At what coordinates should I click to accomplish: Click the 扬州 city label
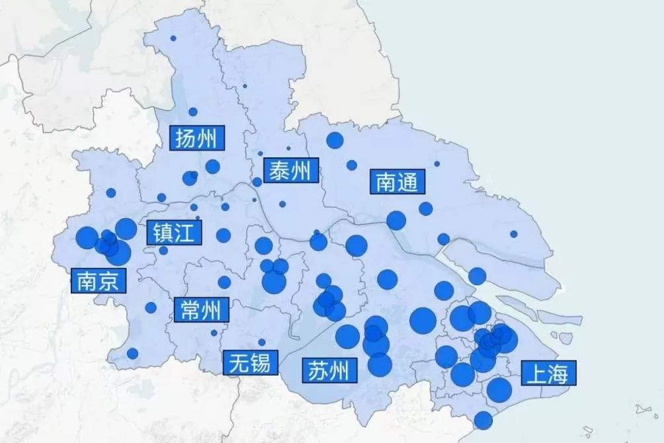(x=197, y=139)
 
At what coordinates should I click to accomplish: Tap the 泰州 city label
(x=291, y=171)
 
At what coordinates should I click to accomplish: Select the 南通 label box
(x=397, y=182)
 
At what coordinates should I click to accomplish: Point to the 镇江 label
(x=174, y=232)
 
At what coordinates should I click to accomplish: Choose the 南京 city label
(x=98, y=281)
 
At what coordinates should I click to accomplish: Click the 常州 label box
(x=201, y=309)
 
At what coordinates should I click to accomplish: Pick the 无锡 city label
(x=250, y=362)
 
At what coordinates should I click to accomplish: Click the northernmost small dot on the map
(x=173, y=38)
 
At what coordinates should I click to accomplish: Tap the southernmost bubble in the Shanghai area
(x=483, y=420)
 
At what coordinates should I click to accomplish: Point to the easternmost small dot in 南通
(x=514, y=234)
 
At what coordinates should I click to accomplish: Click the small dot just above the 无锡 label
(x=262, y=342)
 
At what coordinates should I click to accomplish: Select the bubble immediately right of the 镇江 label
(x=224, y=235)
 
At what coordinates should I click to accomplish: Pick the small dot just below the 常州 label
(x=214, y=333)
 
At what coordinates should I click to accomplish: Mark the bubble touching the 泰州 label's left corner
(x=257, y=182)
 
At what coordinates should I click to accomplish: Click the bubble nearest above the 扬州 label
(x=193, y=112)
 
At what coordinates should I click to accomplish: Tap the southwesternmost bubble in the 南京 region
(x=132, y=354)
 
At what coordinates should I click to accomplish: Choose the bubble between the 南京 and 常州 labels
(x=151, y=307)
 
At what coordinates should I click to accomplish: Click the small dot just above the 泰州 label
(x=288, y=149)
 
